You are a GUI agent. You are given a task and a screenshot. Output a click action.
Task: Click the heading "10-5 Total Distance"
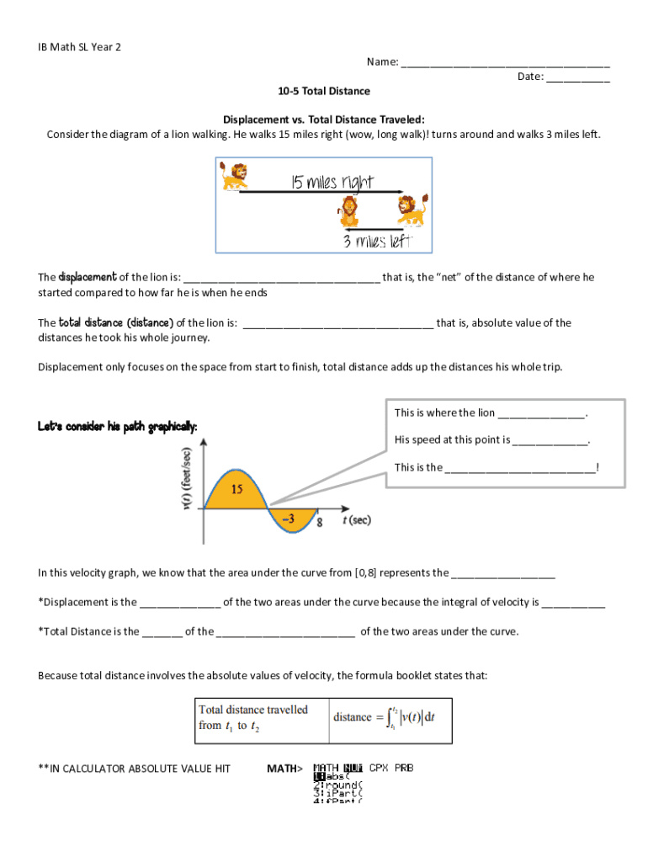(x=324, y=91)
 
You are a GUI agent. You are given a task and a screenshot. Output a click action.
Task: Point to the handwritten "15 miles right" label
(x=332, y=182)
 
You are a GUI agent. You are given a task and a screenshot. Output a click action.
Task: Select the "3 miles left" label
(x=377, y=242)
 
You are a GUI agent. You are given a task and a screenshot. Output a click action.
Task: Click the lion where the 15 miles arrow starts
(x=233, y=177)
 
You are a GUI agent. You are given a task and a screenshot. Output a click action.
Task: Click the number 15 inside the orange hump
(x=237, y=488)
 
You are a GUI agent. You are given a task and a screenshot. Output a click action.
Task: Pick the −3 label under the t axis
(x=288, y=519)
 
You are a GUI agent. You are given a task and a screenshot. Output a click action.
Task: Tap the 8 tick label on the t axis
(x=320, y=523)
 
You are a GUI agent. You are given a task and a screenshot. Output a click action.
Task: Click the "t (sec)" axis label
(x=357, y=520)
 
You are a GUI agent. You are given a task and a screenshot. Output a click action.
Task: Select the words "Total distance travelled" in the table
(x=253, y=710)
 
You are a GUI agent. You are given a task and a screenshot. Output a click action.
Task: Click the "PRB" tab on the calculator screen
(x=404, y=769)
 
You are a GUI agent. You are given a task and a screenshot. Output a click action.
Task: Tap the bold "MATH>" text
(x=285, y=769)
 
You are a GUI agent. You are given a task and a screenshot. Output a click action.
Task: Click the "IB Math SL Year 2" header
(x=80, y=47)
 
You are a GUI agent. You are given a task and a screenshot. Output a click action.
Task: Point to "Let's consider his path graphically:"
(x=118, y=427)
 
